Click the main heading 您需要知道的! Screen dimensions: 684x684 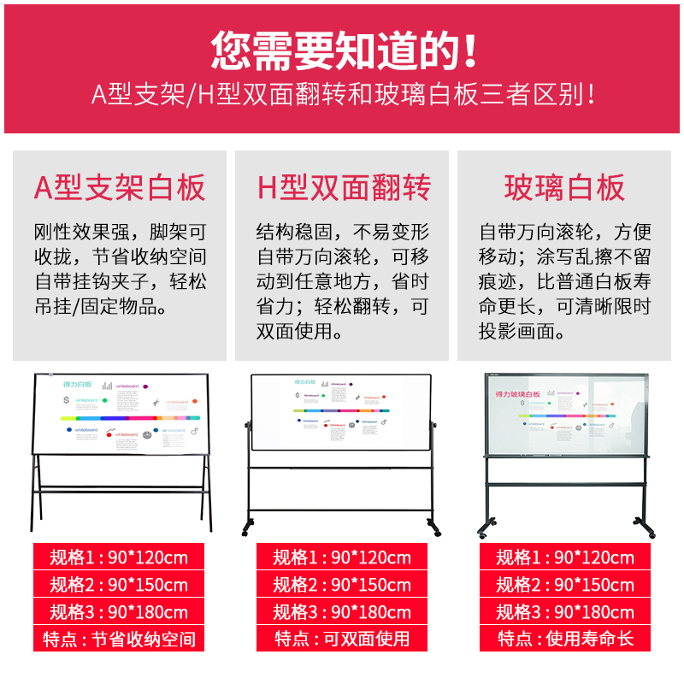pyautogui.click(x=342, y=50)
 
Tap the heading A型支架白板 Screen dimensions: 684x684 pyautogui.click(x=120, y=187)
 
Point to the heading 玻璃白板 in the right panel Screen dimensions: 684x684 pyautogui.click(x=564, y=187)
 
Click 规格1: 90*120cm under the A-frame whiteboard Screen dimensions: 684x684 pyautogui.click(x=119, y=557)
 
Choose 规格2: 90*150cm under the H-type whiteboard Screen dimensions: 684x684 pyautogui.click(x=342, y=585)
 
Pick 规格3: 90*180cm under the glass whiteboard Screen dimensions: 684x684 pyautogui.click(x=565, y=612)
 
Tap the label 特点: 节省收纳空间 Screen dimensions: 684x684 pyautogui.click(x=119, y=639)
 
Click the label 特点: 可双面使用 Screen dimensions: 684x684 pyautogui.click(x=342, y=639)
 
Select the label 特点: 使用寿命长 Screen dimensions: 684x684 pyautogui.click(x=565, y=639)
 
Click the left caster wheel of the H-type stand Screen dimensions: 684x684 pyautogui.click(x=248, y=526)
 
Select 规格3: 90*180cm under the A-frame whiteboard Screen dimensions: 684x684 pyautogui.click(x=119, y=612)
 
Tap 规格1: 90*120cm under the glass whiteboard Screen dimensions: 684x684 pyautogui.click(x=565, y=557)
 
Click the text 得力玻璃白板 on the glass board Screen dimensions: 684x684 pyautogui.click(x=519, y=395)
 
